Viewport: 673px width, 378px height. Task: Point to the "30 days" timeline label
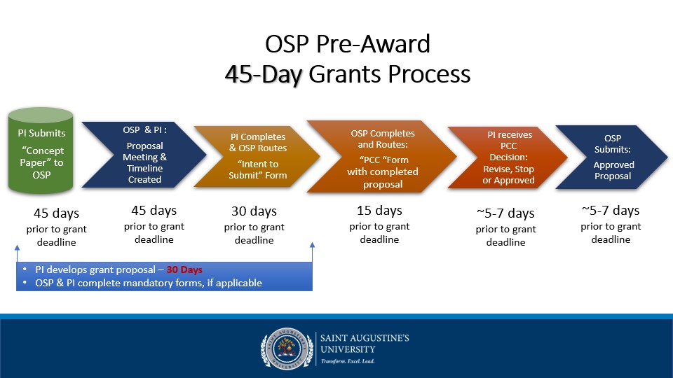click(254, 211)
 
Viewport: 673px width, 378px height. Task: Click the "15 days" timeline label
click(379, 211)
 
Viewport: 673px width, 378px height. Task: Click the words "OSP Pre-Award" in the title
click(347, 44)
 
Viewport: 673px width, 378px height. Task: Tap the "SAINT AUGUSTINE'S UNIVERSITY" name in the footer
click(365, 344)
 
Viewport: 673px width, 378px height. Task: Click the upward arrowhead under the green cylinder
click(15, 248)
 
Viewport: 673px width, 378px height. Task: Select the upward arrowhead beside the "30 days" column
click(312, 246)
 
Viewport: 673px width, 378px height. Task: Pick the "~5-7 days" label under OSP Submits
click(611, 210)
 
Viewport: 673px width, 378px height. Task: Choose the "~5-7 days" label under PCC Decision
click(505, 213)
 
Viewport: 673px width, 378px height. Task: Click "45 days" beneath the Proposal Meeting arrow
click(154, 210)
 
